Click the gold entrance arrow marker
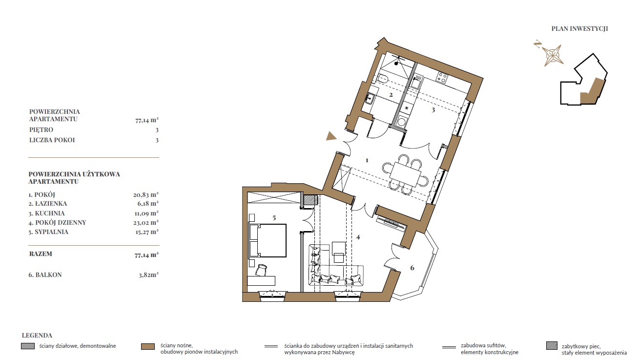tap(331, 136)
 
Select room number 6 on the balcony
tap(412, 268)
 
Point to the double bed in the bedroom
tap(268, 240)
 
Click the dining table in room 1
tap(405, 174)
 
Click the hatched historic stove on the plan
tap(310, 200)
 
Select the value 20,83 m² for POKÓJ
tap(145, 195)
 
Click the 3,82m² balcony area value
tap(148, 275)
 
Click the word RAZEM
tap(41, 254)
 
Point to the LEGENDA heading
tap(37, 336)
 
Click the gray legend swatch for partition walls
tap(28, 346)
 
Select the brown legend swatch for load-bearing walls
tap(148, 347)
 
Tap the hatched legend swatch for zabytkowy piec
tap(552, 346)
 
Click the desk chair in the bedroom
tap(261, 270)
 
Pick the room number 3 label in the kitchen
tap(433, 109)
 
